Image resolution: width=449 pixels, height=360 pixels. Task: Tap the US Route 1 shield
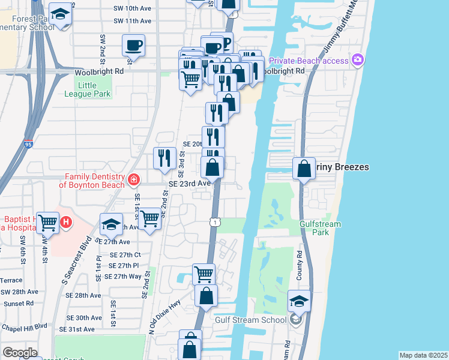point(215,222)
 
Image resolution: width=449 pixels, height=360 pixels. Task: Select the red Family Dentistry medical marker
point(133,179)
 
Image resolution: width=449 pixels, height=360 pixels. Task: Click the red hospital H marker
point(66,222)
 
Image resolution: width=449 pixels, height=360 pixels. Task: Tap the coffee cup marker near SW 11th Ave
point(133,45)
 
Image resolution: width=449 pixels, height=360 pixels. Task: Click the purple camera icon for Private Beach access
point(358,60)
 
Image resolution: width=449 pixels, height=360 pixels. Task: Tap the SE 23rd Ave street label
point(190,184)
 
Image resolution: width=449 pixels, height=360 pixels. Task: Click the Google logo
point(20,352)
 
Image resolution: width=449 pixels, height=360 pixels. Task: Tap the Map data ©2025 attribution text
point(423,355)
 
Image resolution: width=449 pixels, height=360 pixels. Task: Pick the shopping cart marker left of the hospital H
point(47,223)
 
